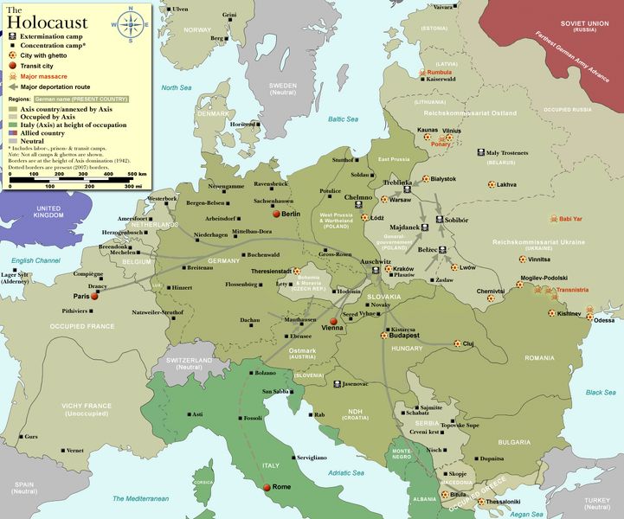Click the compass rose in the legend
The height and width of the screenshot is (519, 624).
[x=131, y=24]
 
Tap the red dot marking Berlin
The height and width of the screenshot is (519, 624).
[x=276, y=214]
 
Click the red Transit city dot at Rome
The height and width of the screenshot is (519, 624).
[x=267, y=487]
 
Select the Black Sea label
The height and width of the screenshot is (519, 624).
[x=600, y=392]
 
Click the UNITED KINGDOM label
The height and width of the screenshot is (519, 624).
[x=48, y=213]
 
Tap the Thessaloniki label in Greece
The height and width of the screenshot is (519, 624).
[x=503, y=502]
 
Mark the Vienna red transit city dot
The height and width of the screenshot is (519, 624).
[x=333, y=321]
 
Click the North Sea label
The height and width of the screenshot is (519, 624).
[x=176, y=87]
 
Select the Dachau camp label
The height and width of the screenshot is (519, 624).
[x=249, y=320]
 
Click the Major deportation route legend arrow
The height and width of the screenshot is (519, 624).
[x=13, y=86]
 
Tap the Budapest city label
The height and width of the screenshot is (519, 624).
[x=404, y=336]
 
